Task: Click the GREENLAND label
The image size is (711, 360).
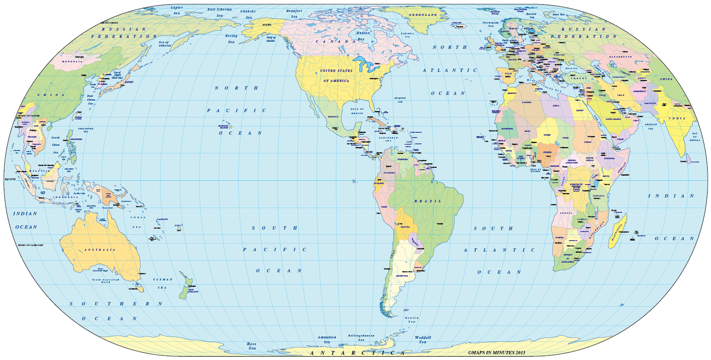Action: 422,15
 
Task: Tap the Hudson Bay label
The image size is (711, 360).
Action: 364,36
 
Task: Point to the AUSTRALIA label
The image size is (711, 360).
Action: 100,250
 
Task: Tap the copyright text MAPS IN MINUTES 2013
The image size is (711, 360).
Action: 496,353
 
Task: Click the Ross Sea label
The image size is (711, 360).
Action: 252,346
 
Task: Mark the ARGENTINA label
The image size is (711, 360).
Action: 402,276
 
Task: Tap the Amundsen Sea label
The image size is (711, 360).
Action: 327,339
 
